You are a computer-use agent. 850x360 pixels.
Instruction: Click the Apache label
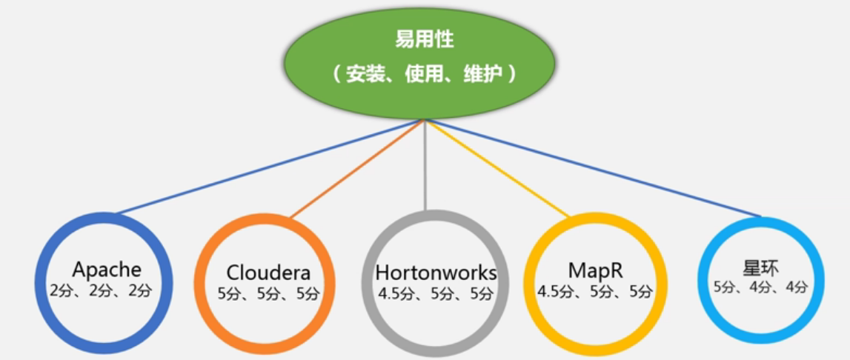click(107, 269)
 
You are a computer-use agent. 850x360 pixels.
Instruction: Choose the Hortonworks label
click(436, 273)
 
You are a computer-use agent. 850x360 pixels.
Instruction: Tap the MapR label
click(594, 270)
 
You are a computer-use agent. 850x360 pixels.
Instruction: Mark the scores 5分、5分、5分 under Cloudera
click(268, 294)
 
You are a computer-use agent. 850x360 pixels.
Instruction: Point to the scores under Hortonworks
click(436, 294)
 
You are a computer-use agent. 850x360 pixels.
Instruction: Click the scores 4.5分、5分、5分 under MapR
click(596, 291)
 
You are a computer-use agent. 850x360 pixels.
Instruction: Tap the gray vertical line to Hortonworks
click(425, 167)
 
